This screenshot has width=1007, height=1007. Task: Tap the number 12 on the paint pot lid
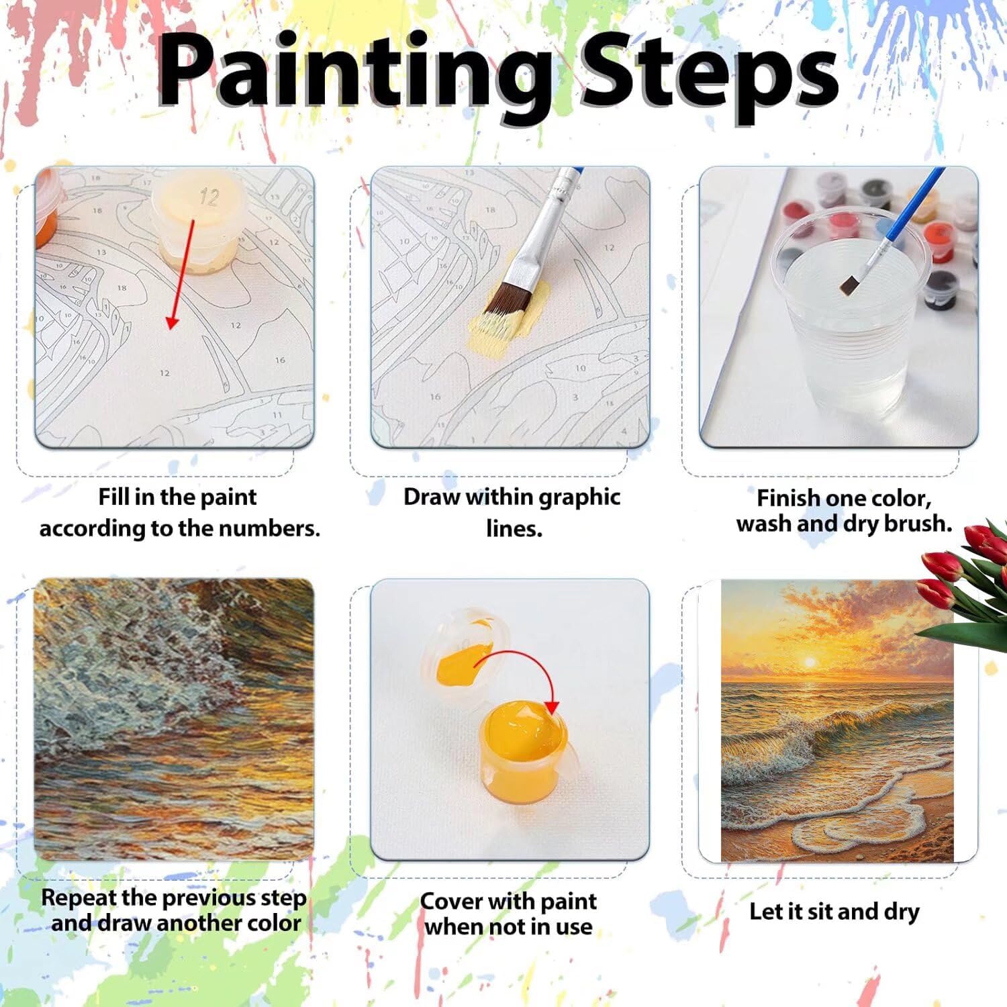(x=209, y=197)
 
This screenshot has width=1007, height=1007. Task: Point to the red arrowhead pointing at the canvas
(x=173, y=322)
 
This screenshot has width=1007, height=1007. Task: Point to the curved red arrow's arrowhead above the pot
(x=552, y=706)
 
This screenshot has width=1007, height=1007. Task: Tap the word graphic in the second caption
(x=579, y=498)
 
